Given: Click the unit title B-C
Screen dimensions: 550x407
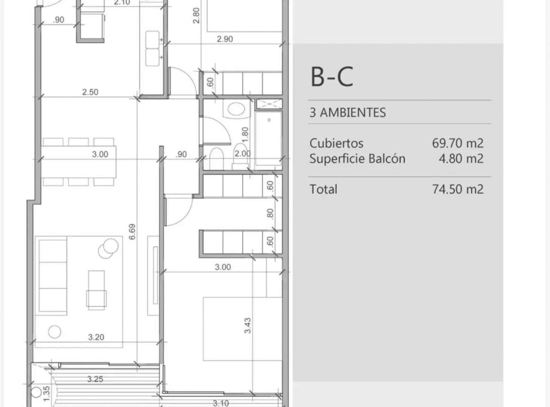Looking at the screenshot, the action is pyautogui.click(x=332, y=77).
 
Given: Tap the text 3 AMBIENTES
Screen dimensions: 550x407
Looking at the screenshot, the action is pyautogui.click(x=347, y=112).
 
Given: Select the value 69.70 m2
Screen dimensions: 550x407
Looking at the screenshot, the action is pyautogui.click(x=458, y=143).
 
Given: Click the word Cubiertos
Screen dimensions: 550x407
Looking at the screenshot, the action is pyautogui.click(x=337, y=143).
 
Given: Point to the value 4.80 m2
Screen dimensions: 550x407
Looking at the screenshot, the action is pyautogui.click(x=461, y=159).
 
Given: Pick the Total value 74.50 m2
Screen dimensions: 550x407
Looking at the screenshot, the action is pyautogui.click(x=458, y=189).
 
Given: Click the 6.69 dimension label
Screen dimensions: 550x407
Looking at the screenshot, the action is pyautogui.click(x=132, y=232).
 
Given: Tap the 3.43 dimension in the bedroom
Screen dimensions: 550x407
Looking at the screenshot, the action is pyautogui.click(x=247, y=325).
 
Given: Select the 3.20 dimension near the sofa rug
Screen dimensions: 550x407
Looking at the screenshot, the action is pyautogui.click(x=96, y=337).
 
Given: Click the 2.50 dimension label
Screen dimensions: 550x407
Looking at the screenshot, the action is pyautogui.click(x=90, y=92).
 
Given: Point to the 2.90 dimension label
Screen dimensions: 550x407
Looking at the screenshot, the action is pyautogui.click(x=225, y=39).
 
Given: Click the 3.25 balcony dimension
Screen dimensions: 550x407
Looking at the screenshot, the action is pyautogui.click(x=95, y=379).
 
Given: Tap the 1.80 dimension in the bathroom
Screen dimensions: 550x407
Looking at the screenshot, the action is pyautogui.click(x=245, y=135).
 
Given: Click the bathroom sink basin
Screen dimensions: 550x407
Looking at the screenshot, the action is pyautogui.click(x=236, y=109).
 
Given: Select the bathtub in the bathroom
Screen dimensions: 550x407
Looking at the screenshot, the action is pyautogui.click(x=268, y=138).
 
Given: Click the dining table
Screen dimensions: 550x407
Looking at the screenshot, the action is pyautogui.click(x=78, y=162).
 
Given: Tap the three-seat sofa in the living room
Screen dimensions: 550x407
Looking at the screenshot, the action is pyautogui.click(x=53, y=275).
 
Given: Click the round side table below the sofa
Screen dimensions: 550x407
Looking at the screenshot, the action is pyautogui.click(x=55, y=332).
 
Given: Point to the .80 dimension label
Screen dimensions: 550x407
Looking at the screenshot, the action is pyautogui.click(x=270, y=214).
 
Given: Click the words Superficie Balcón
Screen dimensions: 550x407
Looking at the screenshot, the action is pyautogui.click(x=357, y=159).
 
